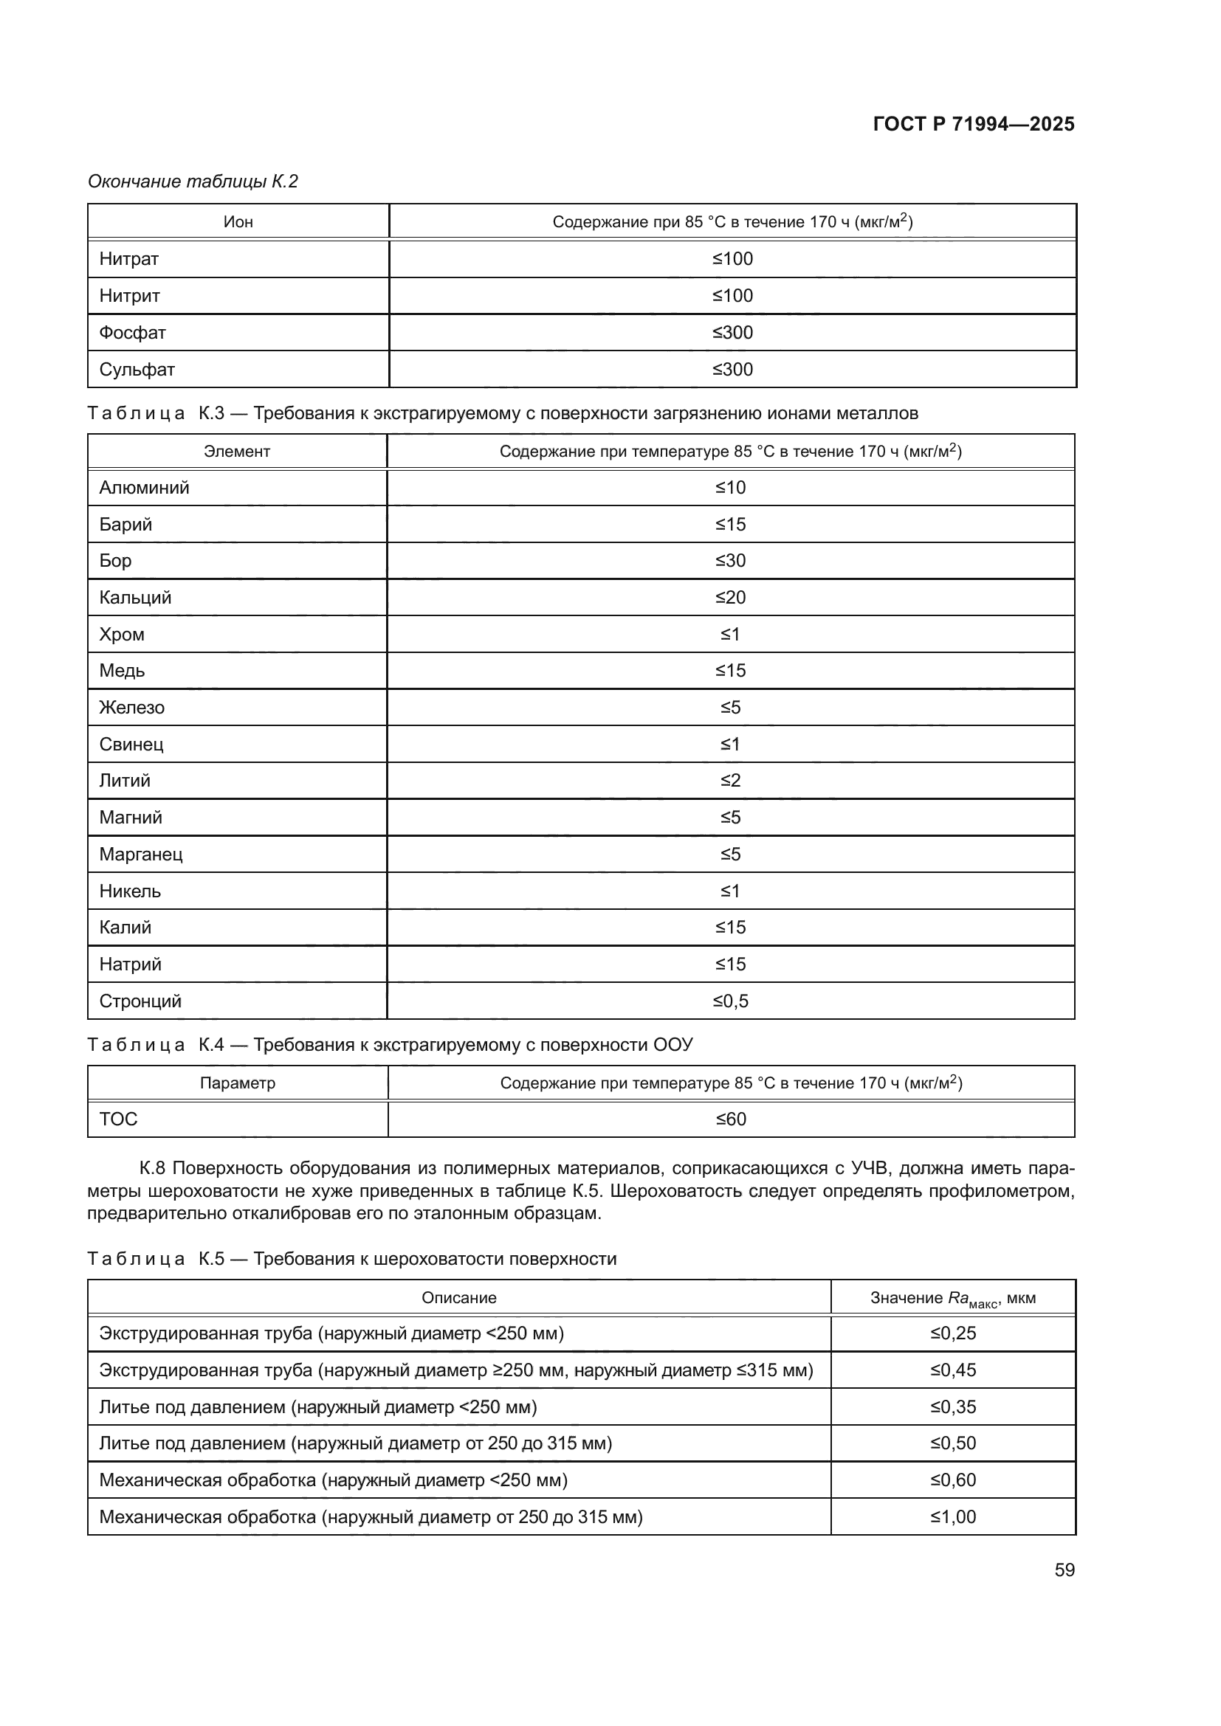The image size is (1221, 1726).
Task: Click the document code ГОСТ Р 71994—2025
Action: pyautogui.click(x=974, y=124)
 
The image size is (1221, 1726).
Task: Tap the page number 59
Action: pyautogui.click(x=1064, y=1570)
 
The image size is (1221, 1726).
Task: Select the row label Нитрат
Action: pyautogui.click(x=129, y=258)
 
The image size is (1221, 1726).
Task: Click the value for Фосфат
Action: pyautogui.click(x=732, y=332)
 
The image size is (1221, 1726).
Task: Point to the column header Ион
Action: pyautogui.click(x=238, y=222)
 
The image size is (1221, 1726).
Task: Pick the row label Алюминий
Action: pyautogui.click(x=145, y=488)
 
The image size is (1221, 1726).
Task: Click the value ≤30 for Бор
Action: pyautogui.click(x=731, y=561)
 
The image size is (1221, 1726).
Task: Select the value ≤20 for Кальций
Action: pyautogui.click(x=731, y=598)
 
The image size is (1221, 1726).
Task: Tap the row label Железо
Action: pyautogui.click(x=131, y=708)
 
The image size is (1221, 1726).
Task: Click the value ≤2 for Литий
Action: pyautogui.click(x=731, y=780)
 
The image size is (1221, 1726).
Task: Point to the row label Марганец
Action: pyautogui.click(x=140, y=854)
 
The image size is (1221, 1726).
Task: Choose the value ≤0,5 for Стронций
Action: pyautogui.click(x=731, y=1001)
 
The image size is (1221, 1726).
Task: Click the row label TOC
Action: pyautogui.click(x=119, y=1119)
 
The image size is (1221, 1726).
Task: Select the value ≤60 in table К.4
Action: pyautogui.click(x=731, y=1119)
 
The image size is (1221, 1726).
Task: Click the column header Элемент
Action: pyautogui.click(x=237, y=452)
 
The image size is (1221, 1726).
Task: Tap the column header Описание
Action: pyautogui.click(x=458, y=1298)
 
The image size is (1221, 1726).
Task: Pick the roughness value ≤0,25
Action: pyautogui.click(x=953, y=1333)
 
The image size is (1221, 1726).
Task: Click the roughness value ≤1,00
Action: pyautogui.click(x=953, y=1517)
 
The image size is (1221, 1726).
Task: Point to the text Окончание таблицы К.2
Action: pyautogui.click(x=193, y=182)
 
